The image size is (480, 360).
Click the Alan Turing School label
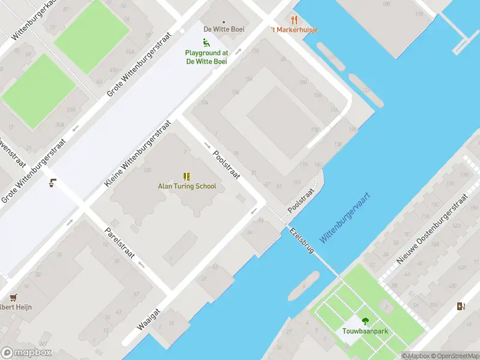tap(187, 186)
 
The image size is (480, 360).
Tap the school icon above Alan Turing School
tap(187, 176)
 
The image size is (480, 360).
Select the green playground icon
tap(206, 43)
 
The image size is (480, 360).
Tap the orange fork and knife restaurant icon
tap(294, 20)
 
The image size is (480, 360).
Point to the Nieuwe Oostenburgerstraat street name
tap(431, 229)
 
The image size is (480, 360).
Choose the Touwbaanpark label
tap(365, 331)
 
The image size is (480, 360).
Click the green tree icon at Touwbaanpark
tap(365, 321)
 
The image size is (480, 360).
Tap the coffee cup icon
tap(53, 183)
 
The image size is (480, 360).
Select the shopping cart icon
tap(13, 297)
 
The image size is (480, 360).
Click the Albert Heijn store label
tap(15, 307)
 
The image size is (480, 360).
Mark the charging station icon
tap(460, 307)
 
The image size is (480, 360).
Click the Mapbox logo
tap(26, 353)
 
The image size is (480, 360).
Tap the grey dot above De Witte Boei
tap(224, 21)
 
